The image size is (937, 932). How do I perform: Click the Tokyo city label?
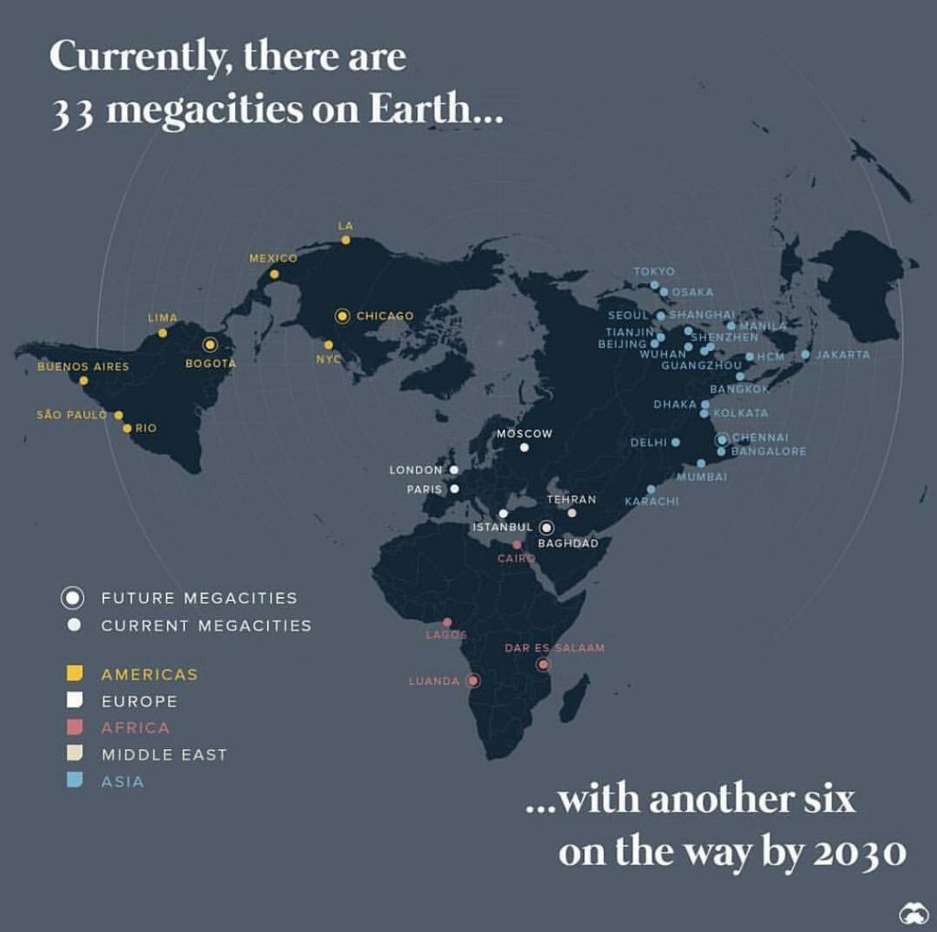(x=653, y=271)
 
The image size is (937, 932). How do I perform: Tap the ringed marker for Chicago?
(x=342, y=316)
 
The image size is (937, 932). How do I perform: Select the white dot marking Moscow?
(x=524, y=448)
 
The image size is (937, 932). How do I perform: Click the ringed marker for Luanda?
(x=473, y=680)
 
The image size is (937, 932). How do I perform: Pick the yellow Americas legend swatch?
(x=75, y=674)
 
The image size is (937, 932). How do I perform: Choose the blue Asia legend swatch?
(x=75, y=781)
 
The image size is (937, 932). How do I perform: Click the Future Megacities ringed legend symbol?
(x=73, y=598)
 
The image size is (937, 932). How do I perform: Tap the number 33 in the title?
(x=70, y=110)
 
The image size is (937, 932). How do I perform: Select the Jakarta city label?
(x=843, y=354)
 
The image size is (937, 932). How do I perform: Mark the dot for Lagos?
(x=447, y=622)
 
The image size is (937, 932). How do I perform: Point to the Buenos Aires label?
(x=83, y=366)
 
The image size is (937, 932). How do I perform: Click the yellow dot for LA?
(x=346, y=240)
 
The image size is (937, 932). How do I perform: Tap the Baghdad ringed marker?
(x=546, y=527)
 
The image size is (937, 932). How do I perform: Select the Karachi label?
(x=652, y=502)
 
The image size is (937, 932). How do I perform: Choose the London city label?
(x=416, y=470)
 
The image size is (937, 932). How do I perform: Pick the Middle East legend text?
(x=164, y=754)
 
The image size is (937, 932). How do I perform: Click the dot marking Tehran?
(x=572, y=513)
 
